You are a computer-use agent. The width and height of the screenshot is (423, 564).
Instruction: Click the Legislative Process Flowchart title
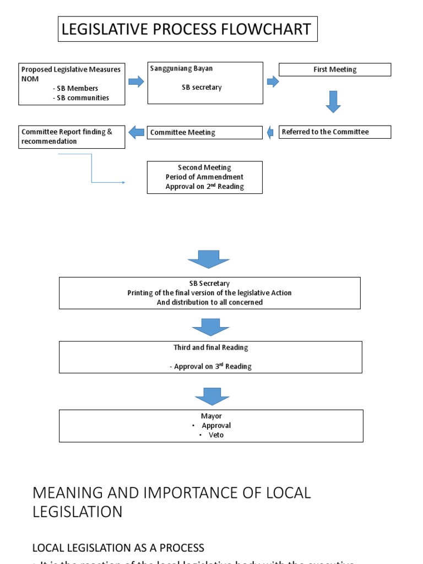coord(187,29)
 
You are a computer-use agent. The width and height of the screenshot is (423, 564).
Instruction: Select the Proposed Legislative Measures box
coord(72,84)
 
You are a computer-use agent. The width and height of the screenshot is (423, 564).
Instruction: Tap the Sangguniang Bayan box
coord(205,83)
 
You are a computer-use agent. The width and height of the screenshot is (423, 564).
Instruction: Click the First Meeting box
coord(335,69)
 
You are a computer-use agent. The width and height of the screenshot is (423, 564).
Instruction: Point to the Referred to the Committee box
coord(335,132)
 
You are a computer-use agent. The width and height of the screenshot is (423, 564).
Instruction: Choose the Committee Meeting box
coord(205,132)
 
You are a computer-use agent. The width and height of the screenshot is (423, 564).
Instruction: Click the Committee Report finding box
coord(72,137)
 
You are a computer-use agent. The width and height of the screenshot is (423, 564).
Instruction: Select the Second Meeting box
coord(205,177)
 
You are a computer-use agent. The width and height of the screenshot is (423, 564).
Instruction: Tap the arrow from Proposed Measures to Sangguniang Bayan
coord(136,82)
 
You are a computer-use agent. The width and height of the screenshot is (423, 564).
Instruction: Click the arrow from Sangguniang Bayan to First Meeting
coord(273,82)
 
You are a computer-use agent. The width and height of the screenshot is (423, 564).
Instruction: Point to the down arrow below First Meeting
coord(333,102)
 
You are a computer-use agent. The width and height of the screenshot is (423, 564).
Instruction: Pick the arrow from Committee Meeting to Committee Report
coord(136,132)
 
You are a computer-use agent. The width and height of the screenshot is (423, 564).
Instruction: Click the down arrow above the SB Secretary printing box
coord(208,259)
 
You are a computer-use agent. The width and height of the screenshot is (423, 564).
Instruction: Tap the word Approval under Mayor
coord(216,425)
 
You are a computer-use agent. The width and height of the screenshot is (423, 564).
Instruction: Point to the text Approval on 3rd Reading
coord(210,366)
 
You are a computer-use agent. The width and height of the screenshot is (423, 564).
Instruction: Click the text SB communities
coord(83,98)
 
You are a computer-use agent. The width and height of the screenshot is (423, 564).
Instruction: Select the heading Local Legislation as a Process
coord(118,547)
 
